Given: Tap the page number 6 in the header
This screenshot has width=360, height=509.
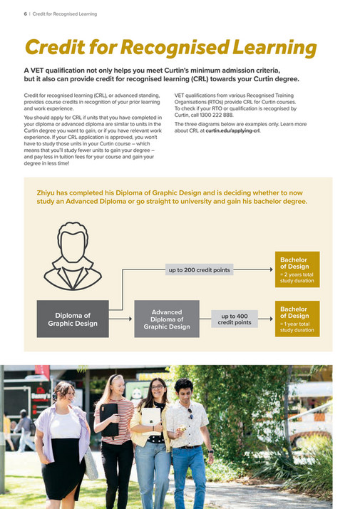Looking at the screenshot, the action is coord(15,14).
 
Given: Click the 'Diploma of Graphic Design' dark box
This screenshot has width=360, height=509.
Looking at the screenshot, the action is coord(73,319).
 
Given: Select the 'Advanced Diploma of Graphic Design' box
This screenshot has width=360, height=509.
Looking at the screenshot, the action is coord(166,319).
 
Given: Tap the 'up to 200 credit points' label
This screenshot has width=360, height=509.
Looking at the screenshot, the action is coord(199,270).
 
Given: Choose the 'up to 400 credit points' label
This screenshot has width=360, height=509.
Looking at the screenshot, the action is coord(235,319).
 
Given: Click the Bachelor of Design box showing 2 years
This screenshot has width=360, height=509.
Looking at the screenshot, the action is coord(295,269).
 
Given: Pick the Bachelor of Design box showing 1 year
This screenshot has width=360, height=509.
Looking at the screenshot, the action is coord(295,319).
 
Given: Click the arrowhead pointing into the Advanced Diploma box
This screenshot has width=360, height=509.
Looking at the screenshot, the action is coord(130,319).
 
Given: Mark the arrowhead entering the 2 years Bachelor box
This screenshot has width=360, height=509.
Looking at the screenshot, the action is coord(269,270).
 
